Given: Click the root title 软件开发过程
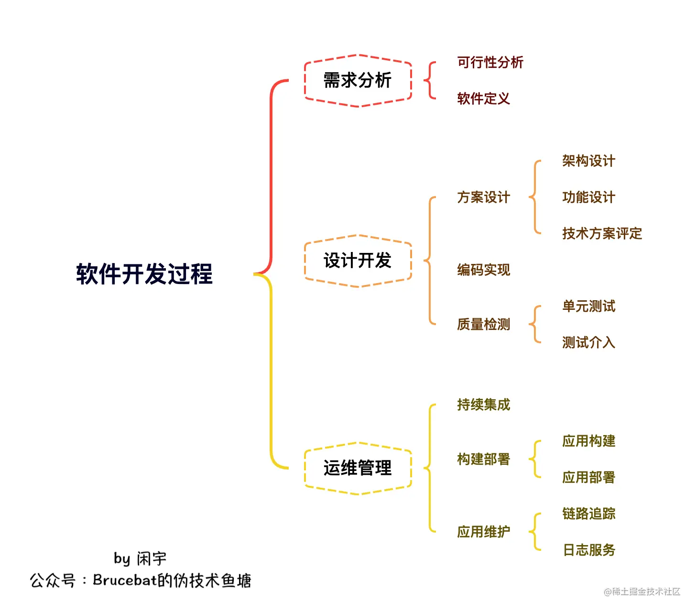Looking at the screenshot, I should (144, 274).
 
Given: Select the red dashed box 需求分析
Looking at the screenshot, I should (358, 80).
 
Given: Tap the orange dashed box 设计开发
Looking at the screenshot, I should (358, 261).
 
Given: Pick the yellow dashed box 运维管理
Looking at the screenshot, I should (358, 468).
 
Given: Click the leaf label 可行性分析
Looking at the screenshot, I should (490, 62).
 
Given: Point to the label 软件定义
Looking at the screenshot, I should (483, 98).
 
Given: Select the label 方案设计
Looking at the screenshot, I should (483, 197).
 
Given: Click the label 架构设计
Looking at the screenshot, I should (588, 161).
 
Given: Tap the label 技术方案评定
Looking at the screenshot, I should (602, 233).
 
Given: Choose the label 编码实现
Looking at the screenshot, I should (483, 270).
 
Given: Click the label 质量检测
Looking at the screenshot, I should (483, 324).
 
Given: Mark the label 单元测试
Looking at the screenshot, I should (588, 306).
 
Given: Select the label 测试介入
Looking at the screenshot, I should (588, 342).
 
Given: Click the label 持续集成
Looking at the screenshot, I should (483, 404).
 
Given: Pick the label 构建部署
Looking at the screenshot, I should (483, 459).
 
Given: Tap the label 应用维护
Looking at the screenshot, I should (483, 532).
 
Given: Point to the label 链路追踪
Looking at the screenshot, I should (588, 514).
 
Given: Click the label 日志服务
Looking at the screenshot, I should (588, 550).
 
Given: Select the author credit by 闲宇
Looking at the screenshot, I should (140, 558).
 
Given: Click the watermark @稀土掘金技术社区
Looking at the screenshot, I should (642, 592).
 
